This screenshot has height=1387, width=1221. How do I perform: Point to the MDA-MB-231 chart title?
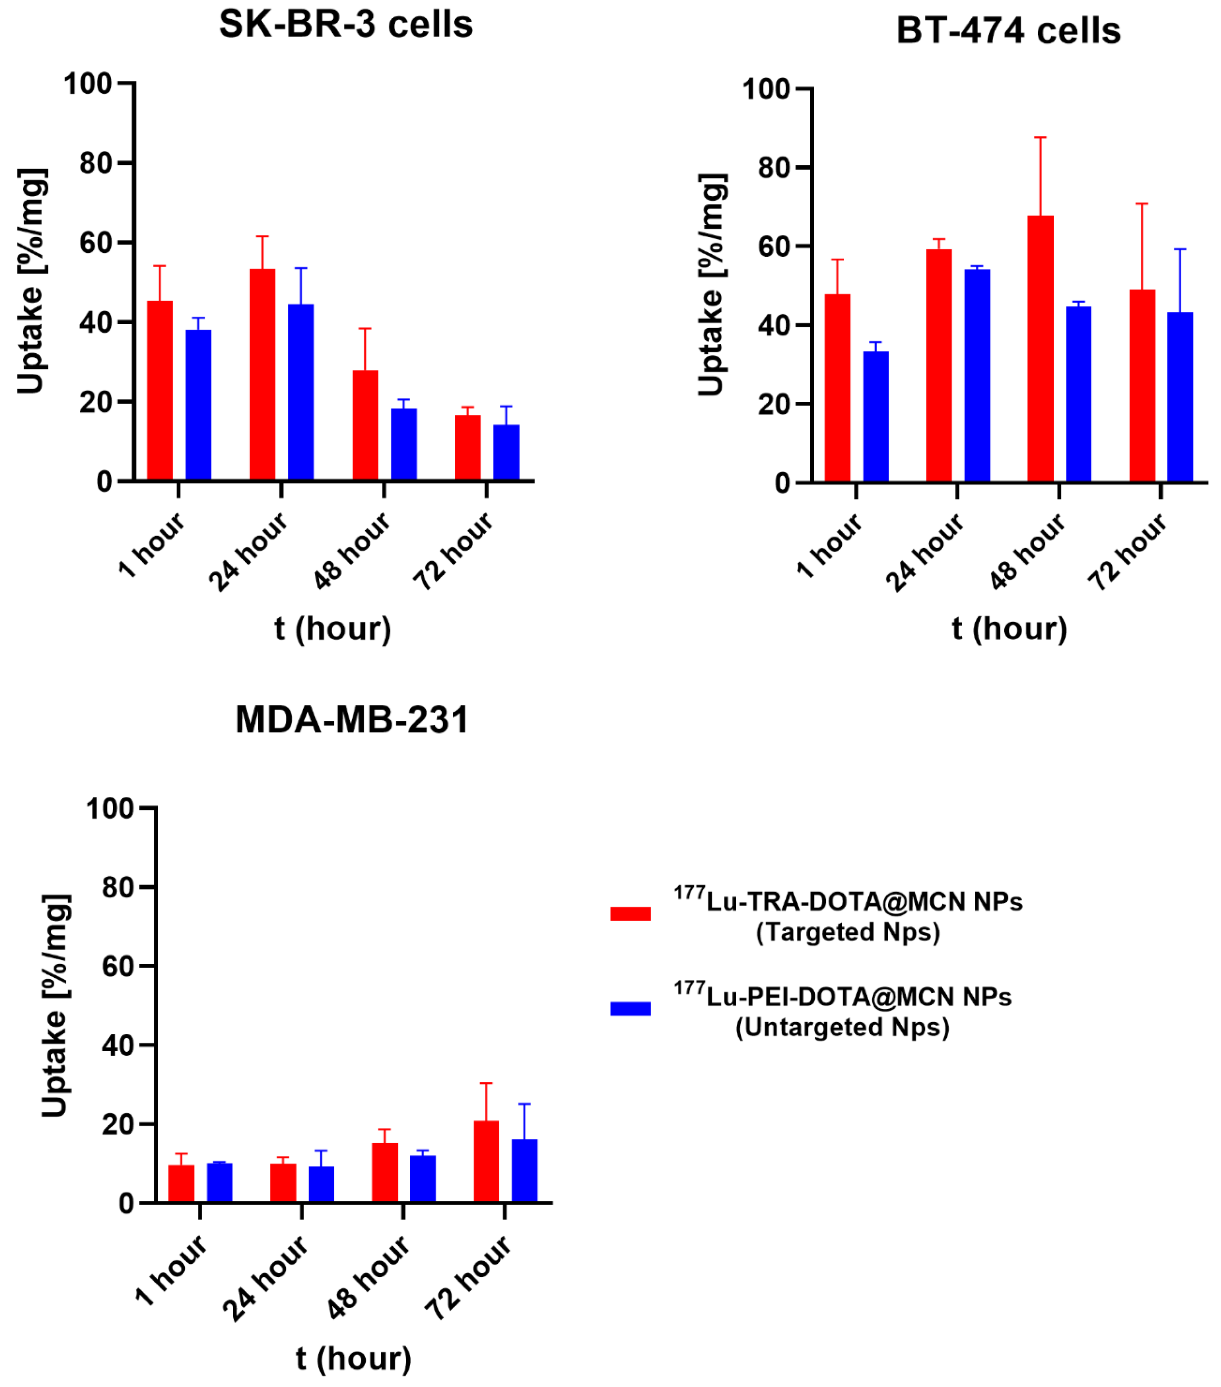351,719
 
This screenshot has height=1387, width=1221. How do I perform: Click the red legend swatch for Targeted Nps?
630,913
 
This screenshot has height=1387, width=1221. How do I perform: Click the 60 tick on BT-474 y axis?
774,246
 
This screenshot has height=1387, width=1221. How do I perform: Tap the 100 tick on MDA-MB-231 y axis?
110,808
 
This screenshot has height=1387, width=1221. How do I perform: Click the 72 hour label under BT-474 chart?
1127,550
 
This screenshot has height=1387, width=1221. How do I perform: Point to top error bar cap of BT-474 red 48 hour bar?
1040,138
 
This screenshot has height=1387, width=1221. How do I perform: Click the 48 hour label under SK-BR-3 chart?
352,550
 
